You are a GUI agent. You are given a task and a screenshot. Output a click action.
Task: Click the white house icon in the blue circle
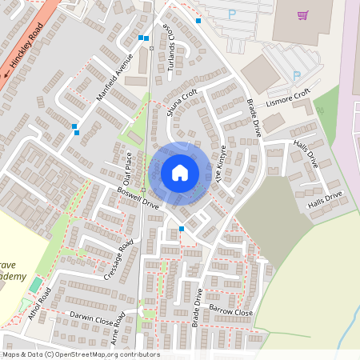pos(180,172)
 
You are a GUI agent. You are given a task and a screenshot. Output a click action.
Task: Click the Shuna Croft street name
pos(181,102)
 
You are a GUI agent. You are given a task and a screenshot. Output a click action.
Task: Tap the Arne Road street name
pos(118,329)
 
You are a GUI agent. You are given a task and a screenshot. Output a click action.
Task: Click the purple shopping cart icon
pos(302,14)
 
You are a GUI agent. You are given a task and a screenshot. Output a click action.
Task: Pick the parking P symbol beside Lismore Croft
pos(296,76)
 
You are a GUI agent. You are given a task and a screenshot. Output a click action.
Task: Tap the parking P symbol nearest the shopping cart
pos(232,14)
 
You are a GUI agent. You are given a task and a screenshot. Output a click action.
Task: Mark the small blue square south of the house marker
pos(182,229)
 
